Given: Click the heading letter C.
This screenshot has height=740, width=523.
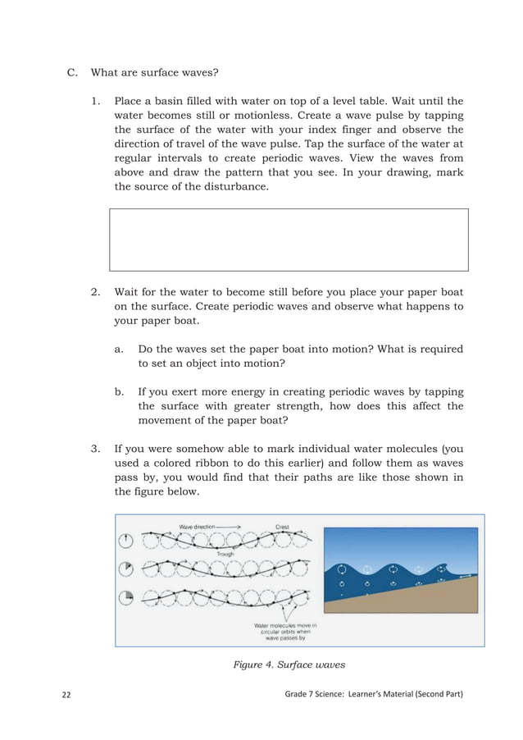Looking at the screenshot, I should [x=71, y=72].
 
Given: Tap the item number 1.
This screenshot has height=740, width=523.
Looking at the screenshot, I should [x=96, y=101].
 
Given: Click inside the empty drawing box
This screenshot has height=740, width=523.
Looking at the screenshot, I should [x=289, y=240].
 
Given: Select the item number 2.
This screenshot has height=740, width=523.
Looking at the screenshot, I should [x=96, y=292].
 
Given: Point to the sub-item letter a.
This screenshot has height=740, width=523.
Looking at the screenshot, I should [x=120, y=349].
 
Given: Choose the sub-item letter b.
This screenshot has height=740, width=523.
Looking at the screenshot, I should [x=120, y=391].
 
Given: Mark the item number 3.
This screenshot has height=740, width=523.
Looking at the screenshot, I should [x=96, y=449].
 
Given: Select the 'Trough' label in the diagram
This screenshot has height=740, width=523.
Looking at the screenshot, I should [x=225, y=554].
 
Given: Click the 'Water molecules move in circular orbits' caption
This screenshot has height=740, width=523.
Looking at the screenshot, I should [x=284, y=633].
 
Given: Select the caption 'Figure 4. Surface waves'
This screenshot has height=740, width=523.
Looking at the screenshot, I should [x=288, y=665].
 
